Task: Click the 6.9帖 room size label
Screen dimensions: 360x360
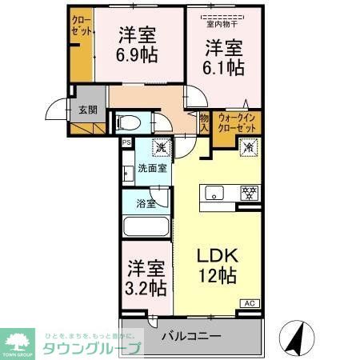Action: [138, 55]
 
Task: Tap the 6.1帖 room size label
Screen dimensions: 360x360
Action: [223, 67]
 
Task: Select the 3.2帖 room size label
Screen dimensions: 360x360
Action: [144, 286]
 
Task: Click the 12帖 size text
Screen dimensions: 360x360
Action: [217, 278]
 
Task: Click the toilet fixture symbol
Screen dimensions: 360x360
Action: [128, 123]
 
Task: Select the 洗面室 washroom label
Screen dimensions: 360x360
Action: [152, 169]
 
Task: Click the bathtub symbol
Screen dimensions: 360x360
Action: [146, 226]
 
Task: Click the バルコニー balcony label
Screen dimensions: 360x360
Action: [190, 336]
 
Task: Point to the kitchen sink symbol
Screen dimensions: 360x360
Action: [214, 193]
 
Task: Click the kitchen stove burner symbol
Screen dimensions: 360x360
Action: [250, 193]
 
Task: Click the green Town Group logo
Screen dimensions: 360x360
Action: [19, 341]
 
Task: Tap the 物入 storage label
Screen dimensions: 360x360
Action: [205, 122]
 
